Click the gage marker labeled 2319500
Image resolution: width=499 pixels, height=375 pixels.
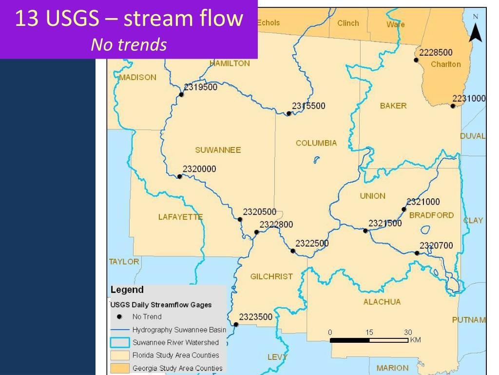pos(181,95)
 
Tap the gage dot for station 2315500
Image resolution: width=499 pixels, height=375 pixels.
pos(288,113)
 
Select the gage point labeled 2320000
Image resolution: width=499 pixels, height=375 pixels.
pos(179,176)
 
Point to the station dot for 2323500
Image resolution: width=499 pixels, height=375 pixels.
pos(236,324)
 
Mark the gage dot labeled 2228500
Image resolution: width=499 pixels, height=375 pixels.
pos(416,60)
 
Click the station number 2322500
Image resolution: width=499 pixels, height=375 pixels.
pos(312,243)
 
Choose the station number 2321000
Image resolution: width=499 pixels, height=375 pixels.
pos(423,202)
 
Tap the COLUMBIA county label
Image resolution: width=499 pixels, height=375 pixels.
pos(316,143)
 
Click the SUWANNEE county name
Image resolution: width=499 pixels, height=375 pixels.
pos(218,150)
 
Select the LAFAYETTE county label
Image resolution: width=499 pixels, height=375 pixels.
pos(180,217)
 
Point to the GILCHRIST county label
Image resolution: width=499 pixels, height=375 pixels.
pos(271,276)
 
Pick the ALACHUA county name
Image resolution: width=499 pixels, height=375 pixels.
pos(382,302)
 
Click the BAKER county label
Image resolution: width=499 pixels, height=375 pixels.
pos(393,106)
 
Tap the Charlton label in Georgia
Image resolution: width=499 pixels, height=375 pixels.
pos(445,64)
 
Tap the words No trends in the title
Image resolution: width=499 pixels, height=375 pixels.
pos(129,45)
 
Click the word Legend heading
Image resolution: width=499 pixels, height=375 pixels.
pos(127,290)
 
